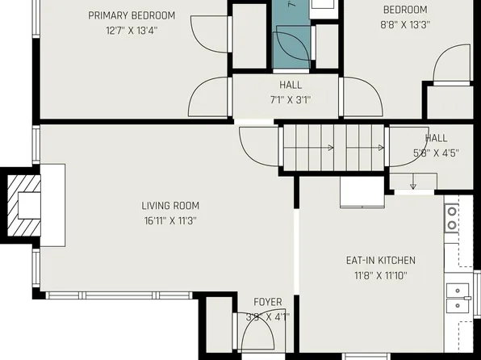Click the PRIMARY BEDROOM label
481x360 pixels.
pyautogui.click(x=132, y=15)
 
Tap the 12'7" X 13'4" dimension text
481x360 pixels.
pyautogui.click(x=132, y=31)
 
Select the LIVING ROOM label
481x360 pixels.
pyautogui.click(x=170, y=206)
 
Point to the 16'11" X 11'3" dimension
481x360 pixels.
pyautogui.click(x=170, y=220)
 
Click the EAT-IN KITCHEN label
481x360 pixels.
pyautogui.click(x=380, y=260)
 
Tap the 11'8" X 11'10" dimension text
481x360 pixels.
pyautogui.click(x=380, y=275)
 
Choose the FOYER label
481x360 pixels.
pyautogui.click(x=268, y=303)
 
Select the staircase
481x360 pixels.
pyautogui.click(x=334, y=148)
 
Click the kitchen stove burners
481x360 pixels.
pyautogui.click(x=451, y=217)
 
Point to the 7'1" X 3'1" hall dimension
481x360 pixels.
pyautogui.click(x=290, y=99)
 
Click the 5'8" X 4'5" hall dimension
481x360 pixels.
pyautogui.click(x=436, y=153)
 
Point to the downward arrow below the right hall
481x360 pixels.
pyautogui.click(x=413, y=184)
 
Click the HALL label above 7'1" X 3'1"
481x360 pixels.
pyautogui.click(x=291, y=85)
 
